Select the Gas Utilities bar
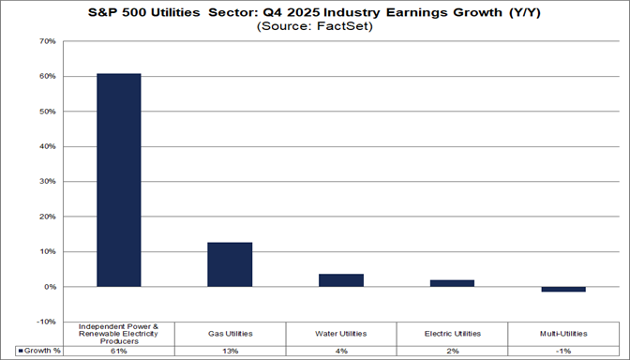point(230,264)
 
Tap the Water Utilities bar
point(341,280)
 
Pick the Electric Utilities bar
point(452,283)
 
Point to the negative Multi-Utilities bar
point(563,290)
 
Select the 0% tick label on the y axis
point(48,287)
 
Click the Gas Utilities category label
point(230,333)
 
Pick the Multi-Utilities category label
point(563,333)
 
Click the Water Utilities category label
point(341,333)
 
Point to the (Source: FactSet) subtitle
point(316,26)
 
